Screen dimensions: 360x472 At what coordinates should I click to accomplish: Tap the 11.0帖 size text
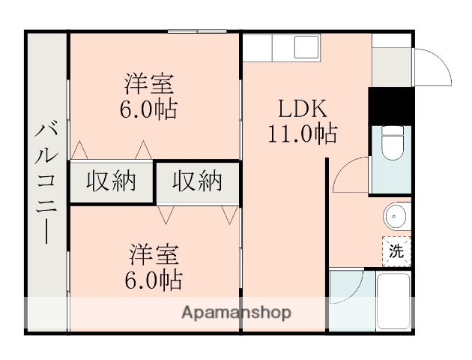click(303, 135)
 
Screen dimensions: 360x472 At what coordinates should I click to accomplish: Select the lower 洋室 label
click(153, 254)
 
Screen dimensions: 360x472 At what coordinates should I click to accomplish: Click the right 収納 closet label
click(198, 181)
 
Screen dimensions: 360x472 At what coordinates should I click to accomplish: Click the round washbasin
click(396, 217)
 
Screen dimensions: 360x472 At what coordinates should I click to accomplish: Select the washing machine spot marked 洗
click(396, 251)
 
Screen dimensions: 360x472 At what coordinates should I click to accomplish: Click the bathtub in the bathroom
click(393, 299)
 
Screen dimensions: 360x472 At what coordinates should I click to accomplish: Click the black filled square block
click(391, 105)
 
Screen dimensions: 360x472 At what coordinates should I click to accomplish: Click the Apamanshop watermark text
click(236, 312)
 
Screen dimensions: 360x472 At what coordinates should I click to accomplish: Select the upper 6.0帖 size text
click(149, 109)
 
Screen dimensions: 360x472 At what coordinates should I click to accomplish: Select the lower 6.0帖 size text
click(153, 280)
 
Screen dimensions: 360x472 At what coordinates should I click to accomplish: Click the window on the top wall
click(197, 31)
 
